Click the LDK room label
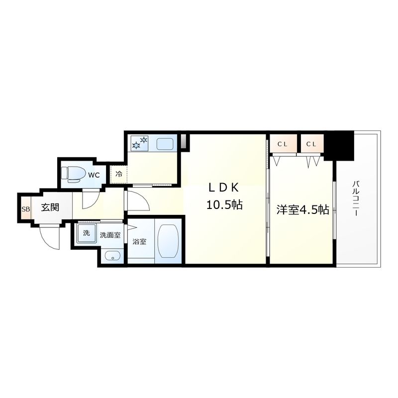pos(223,188)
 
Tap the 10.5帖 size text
pos(224,204)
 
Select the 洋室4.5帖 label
pos(302,210)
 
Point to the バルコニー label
pos(356,198)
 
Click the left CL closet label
pos(282,144)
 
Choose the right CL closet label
pos(311,144)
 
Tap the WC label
pos(94,175)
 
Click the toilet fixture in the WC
pos(71,174)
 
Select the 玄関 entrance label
pos(50,207)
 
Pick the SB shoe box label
pos(26,209)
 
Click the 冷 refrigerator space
pos(118,175)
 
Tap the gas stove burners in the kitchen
pos(139,142)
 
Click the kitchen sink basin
pos(165,144)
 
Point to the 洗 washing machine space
pos(87,233)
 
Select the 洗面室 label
pos(110,235)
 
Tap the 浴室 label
pos(140,242)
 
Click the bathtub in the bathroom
pos(168,240)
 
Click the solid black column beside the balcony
pos(340,145)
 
